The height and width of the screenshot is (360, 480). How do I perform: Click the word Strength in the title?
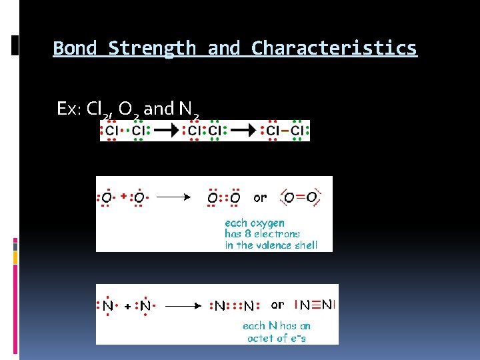152,49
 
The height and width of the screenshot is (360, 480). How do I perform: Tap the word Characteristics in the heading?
334,49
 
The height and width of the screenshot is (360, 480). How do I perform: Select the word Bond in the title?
75,49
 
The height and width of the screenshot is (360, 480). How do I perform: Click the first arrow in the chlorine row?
173,131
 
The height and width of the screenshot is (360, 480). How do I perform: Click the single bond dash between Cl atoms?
284,131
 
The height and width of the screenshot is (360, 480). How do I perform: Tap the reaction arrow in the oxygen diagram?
175,197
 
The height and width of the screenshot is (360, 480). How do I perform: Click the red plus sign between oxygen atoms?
123,197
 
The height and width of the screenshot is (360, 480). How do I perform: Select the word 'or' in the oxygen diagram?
260,197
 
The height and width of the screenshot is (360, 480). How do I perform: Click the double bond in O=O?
301,197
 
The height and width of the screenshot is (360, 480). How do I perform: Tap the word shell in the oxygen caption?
305,245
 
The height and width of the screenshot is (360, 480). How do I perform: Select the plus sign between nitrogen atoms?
127,307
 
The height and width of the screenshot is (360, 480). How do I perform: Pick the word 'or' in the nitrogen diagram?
277,305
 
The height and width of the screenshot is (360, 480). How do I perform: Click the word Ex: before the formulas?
69,109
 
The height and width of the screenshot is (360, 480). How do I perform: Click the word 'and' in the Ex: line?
159,109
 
